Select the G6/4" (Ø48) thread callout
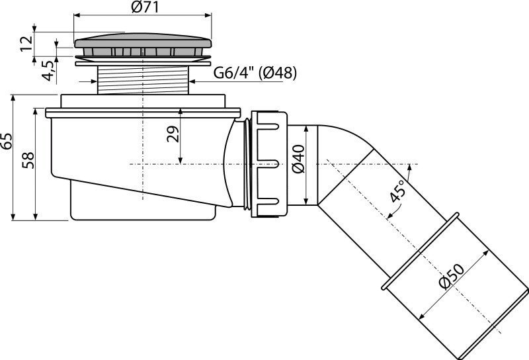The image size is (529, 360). click(x=255, y=73)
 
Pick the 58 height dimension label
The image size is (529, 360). click(x=27, y=160)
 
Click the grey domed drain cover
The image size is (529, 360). click(x=145, y=43)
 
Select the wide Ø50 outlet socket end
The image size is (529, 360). click(x=456, y=291)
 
